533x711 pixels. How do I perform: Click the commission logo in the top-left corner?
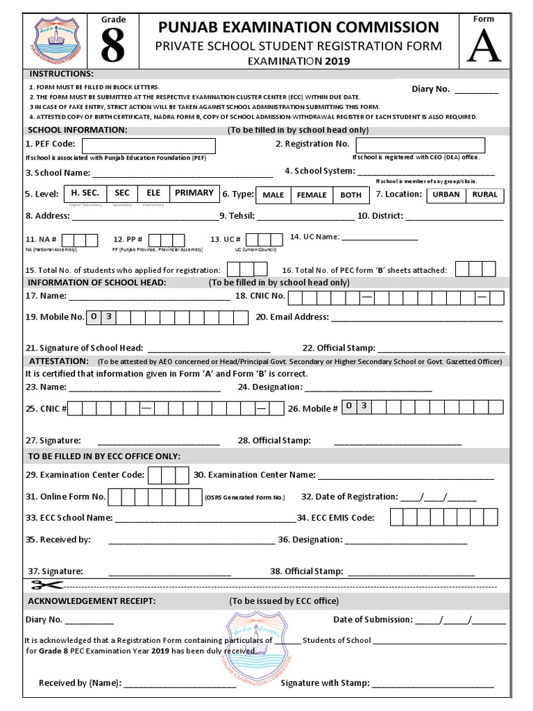point(57,41)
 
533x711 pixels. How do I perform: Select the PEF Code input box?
point(149,145)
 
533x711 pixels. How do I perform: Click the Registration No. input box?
point(420,145)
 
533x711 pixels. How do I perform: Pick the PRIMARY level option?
point(194,193)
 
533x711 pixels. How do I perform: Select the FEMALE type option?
point(312,195)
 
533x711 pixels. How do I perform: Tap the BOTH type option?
point(351,195)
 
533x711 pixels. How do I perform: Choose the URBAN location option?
point(446,194)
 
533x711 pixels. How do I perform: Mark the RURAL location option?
point(484,194)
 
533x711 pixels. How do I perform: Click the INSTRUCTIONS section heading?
point(60,74)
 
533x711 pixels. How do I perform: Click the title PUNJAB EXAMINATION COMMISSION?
point(298,27)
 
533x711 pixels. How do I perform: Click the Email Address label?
point(291,317)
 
